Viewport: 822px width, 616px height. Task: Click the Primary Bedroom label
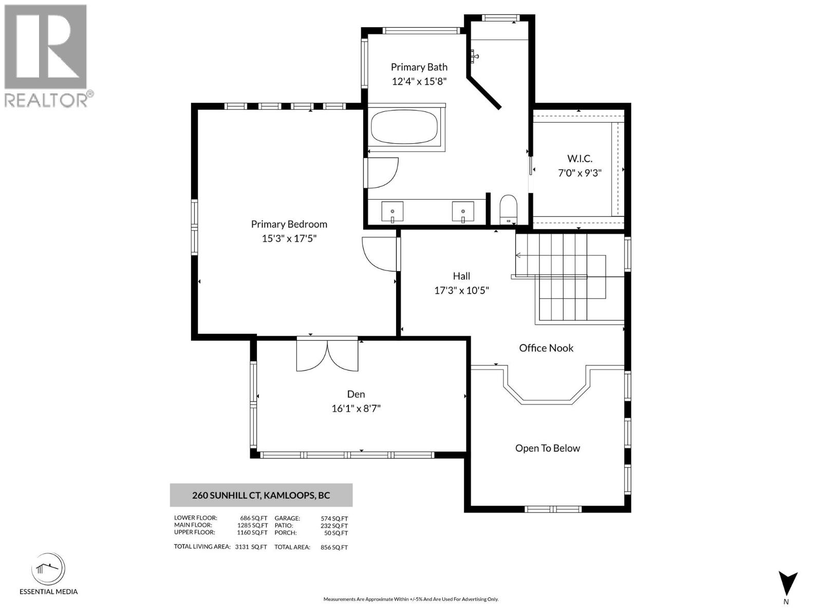(289, 224)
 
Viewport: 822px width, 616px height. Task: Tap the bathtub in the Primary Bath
(404, 128)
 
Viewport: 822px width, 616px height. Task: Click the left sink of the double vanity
(393, 211)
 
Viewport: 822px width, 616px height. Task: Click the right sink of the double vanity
(463, 211)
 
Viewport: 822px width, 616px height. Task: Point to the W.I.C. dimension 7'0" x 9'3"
(580, 173)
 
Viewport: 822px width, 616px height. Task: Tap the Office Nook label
(546, 348)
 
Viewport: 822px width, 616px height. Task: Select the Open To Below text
(547, 448)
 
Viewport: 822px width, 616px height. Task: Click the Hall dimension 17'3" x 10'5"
(461, 291)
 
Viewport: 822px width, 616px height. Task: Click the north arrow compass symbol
(787, 584)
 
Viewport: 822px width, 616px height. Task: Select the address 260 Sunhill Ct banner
(261, 495)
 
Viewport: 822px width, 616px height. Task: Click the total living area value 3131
(241, 547)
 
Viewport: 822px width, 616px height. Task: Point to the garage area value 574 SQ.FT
(334, 518)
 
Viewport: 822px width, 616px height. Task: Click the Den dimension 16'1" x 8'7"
(356, 409)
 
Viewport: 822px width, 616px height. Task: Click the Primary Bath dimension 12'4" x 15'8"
(419, 81)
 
